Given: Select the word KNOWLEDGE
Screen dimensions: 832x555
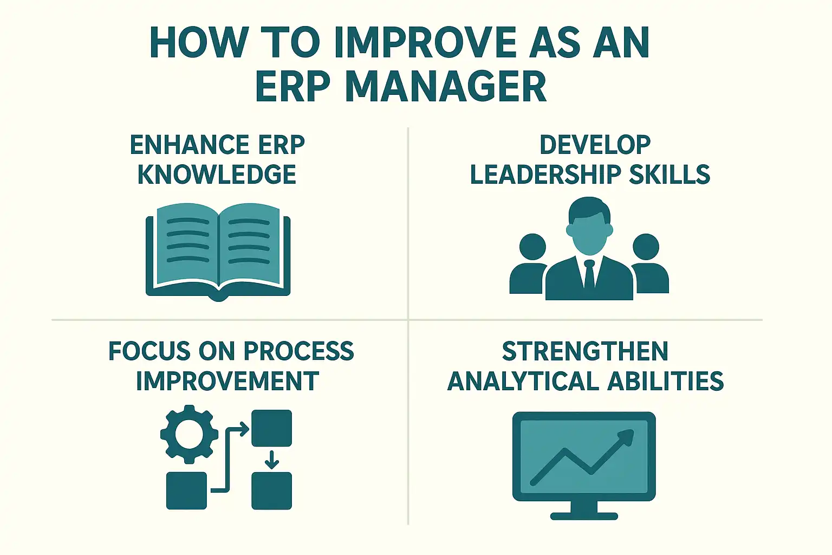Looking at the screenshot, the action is (217, 175).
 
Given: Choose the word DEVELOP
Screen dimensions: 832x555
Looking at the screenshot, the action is (595, 145).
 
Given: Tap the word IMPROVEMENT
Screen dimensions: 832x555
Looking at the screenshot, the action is (227, 380).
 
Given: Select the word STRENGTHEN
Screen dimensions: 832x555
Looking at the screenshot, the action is (585, 351).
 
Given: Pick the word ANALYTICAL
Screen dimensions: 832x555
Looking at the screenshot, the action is (523, 380).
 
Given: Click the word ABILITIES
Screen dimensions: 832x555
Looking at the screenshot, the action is (665, 380).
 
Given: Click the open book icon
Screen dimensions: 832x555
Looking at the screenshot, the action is (218, 251).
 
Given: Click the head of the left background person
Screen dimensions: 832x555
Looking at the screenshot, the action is (532, 247).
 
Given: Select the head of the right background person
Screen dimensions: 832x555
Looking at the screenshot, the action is (646, 247).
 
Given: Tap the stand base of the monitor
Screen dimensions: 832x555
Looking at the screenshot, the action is (584, 516).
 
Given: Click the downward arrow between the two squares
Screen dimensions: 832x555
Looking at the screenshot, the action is (272, 460).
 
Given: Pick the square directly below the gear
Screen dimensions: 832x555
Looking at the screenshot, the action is (186, 491).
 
